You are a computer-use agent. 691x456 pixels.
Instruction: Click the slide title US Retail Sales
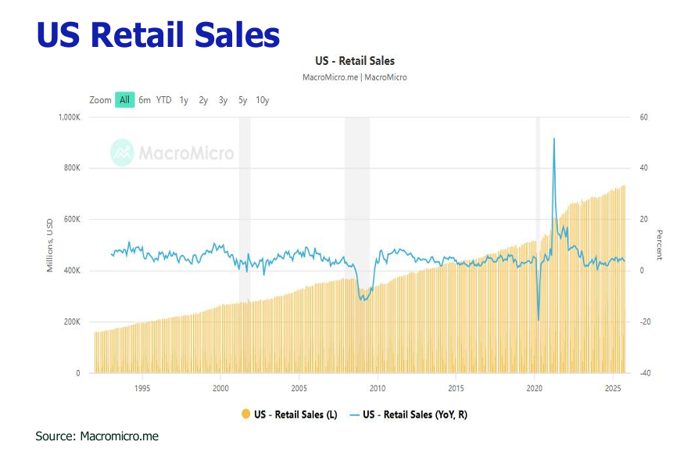tap(158, 35)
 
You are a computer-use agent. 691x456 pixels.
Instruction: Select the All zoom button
tap(124, 100)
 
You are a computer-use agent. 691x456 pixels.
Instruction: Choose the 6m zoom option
tap(145, 100)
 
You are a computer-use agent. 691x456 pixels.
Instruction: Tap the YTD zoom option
tap(163, 100)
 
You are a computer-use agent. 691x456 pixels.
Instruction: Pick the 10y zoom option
tap(262, 100)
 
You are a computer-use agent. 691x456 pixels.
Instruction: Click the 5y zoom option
tap(242, 100)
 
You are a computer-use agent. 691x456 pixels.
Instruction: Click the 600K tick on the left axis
tap(71, 220)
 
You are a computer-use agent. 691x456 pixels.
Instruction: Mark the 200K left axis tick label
tap(71, 322)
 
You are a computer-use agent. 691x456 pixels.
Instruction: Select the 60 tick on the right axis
tap(643, 117)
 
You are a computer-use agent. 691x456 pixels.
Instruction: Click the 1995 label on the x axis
tap(142, 387)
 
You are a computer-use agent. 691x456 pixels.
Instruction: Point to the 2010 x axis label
tap(378, 387)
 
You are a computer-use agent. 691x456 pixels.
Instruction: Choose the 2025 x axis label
tap(613, 387)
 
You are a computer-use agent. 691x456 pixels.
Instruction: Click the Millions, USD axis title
tap(50, 246)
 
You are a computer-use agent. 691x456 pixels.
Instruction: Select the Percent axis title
tap(659, 246)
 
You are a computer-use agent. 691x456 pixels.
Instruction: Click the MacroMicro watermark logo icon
tap(122, 152)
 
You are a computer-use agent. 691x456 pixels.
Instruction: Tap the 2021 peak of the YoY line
tap(554, 139)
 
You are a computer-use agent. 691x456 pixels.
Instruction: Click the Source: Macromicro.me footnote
tap(97, 436)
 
